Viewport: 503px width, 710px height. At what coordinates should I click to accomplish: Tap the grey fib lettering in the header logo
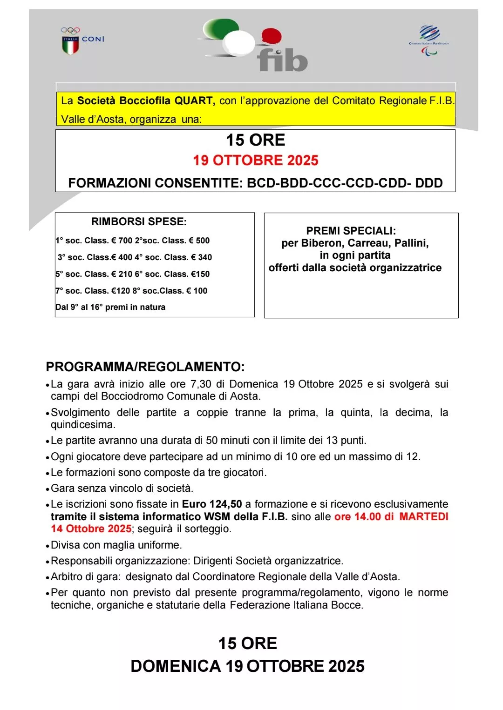point(282,61)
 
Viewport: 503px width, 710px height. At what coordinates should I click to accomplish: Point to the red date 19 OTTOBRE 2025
point(255,161)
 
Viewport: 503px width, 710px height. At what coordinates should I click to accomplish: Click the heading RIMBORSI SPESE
point(139,221)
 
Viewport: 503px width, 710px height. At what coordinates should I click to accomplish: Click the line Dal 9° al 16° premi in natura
point(110,307)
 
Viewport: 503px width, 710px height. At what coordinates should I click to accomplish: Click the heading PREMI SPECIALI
point(351,231)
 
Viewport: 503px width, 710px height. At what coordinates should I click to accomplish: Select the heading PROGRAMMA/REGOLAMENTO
point(145,367)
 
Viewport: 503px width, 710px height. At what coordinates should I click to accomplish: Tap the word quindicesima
point(82,425)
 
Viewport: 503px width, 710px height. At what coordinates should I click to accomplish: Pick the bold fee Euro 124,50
point(212,504)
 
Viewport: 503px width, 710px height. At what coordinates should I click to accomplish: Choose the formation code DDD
point(428,183)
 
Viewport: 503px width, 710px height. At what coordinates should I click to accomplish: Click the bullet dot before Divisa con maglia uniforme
point(48,546)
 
